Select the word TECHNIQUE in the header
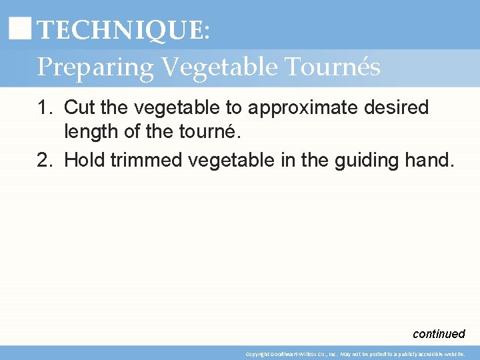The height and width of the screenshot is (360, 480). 119,30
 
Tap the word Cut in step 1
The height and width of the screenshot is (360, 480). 79,107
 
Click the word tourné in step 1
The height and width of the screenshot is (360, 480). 205,131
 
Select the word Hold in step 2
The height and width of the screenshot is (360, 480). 83,159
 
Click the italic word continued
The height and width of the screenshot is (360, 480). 439,334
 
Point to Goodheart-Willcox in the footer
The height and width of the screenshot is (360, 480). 293,354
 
